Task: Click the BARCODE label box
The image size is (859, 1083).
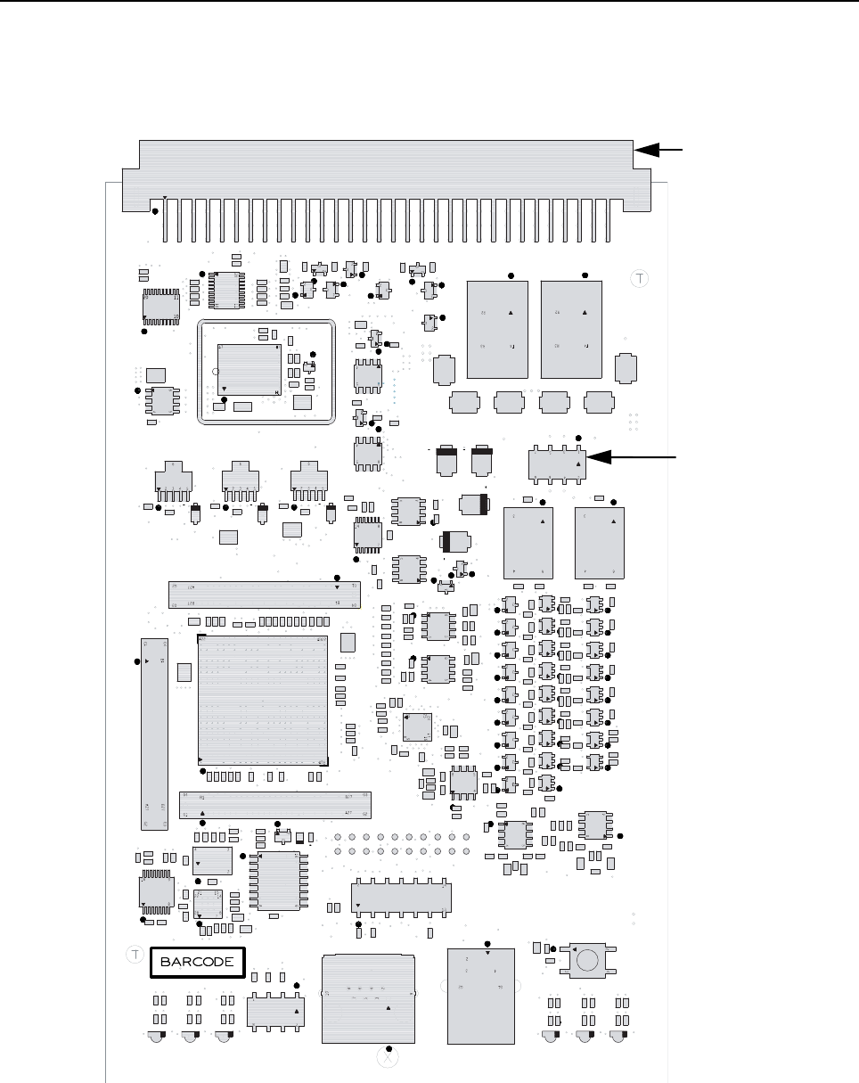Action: [x=197, y=962]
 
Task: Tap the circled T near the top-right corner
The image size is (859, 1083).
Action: [x=639, y=279]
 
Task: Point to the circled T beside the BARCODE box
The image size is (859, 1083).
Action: [x=135, y=955]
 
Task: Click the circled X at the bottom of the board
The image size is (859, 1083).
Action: [x=386, y=1058]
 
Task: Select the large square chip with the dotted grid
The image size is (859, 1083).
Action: [x=263, y=700]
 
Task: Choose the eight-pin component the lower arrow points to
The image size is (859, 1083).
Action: [x=554, y=463]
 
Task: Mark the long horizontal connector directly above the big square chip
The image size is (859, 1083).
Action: [x=264, y=595]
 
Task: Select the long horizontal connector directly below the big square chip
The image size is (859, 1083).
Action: [x=275, y=805]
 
